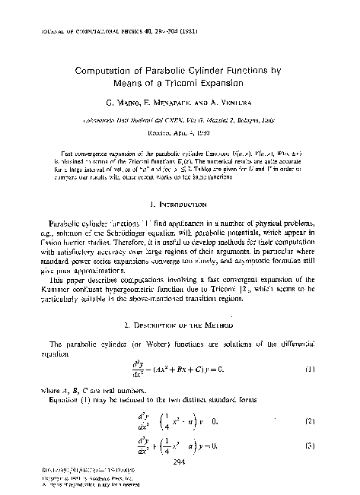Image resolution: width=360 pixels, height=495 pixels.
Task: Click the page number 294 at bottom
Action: point(180,461)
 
